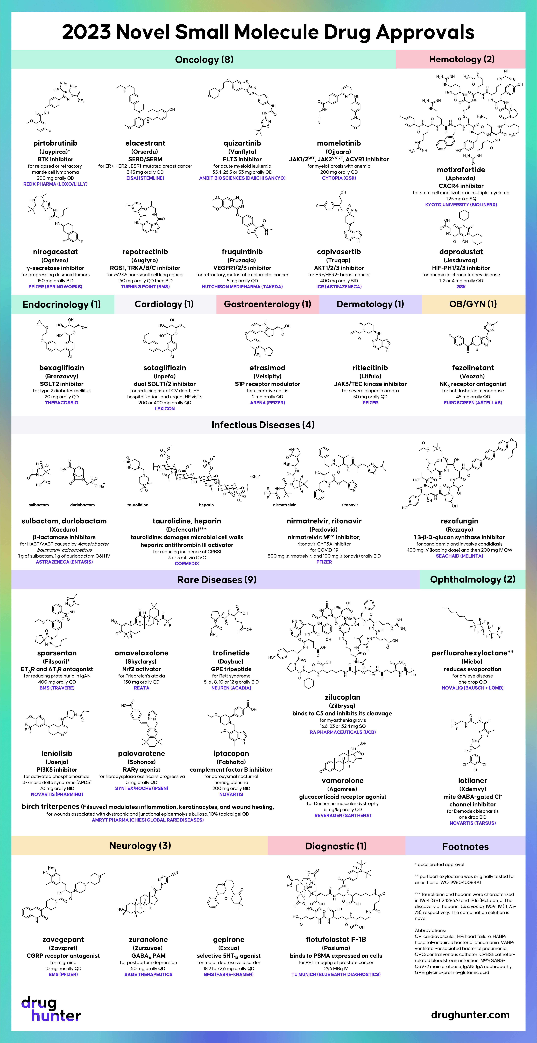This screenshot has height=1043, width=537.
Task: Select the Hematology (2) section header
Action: tap(462, 59)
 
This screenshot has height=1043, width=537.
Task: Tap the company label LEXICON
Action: tap(165, 409)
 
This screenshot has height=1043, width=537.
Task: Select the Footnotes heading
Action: tap(465, 847)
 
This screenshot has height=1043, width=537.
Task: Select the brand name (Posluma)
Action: tap(336, 948)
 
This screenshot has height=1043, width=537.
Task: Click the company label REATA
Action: tap(142, 688)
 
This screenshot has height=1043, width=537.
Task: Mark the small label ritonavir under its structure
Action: tap(350, 505)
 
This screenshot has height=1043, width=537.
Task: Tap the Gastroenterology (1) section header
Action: tap(267, 304)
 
